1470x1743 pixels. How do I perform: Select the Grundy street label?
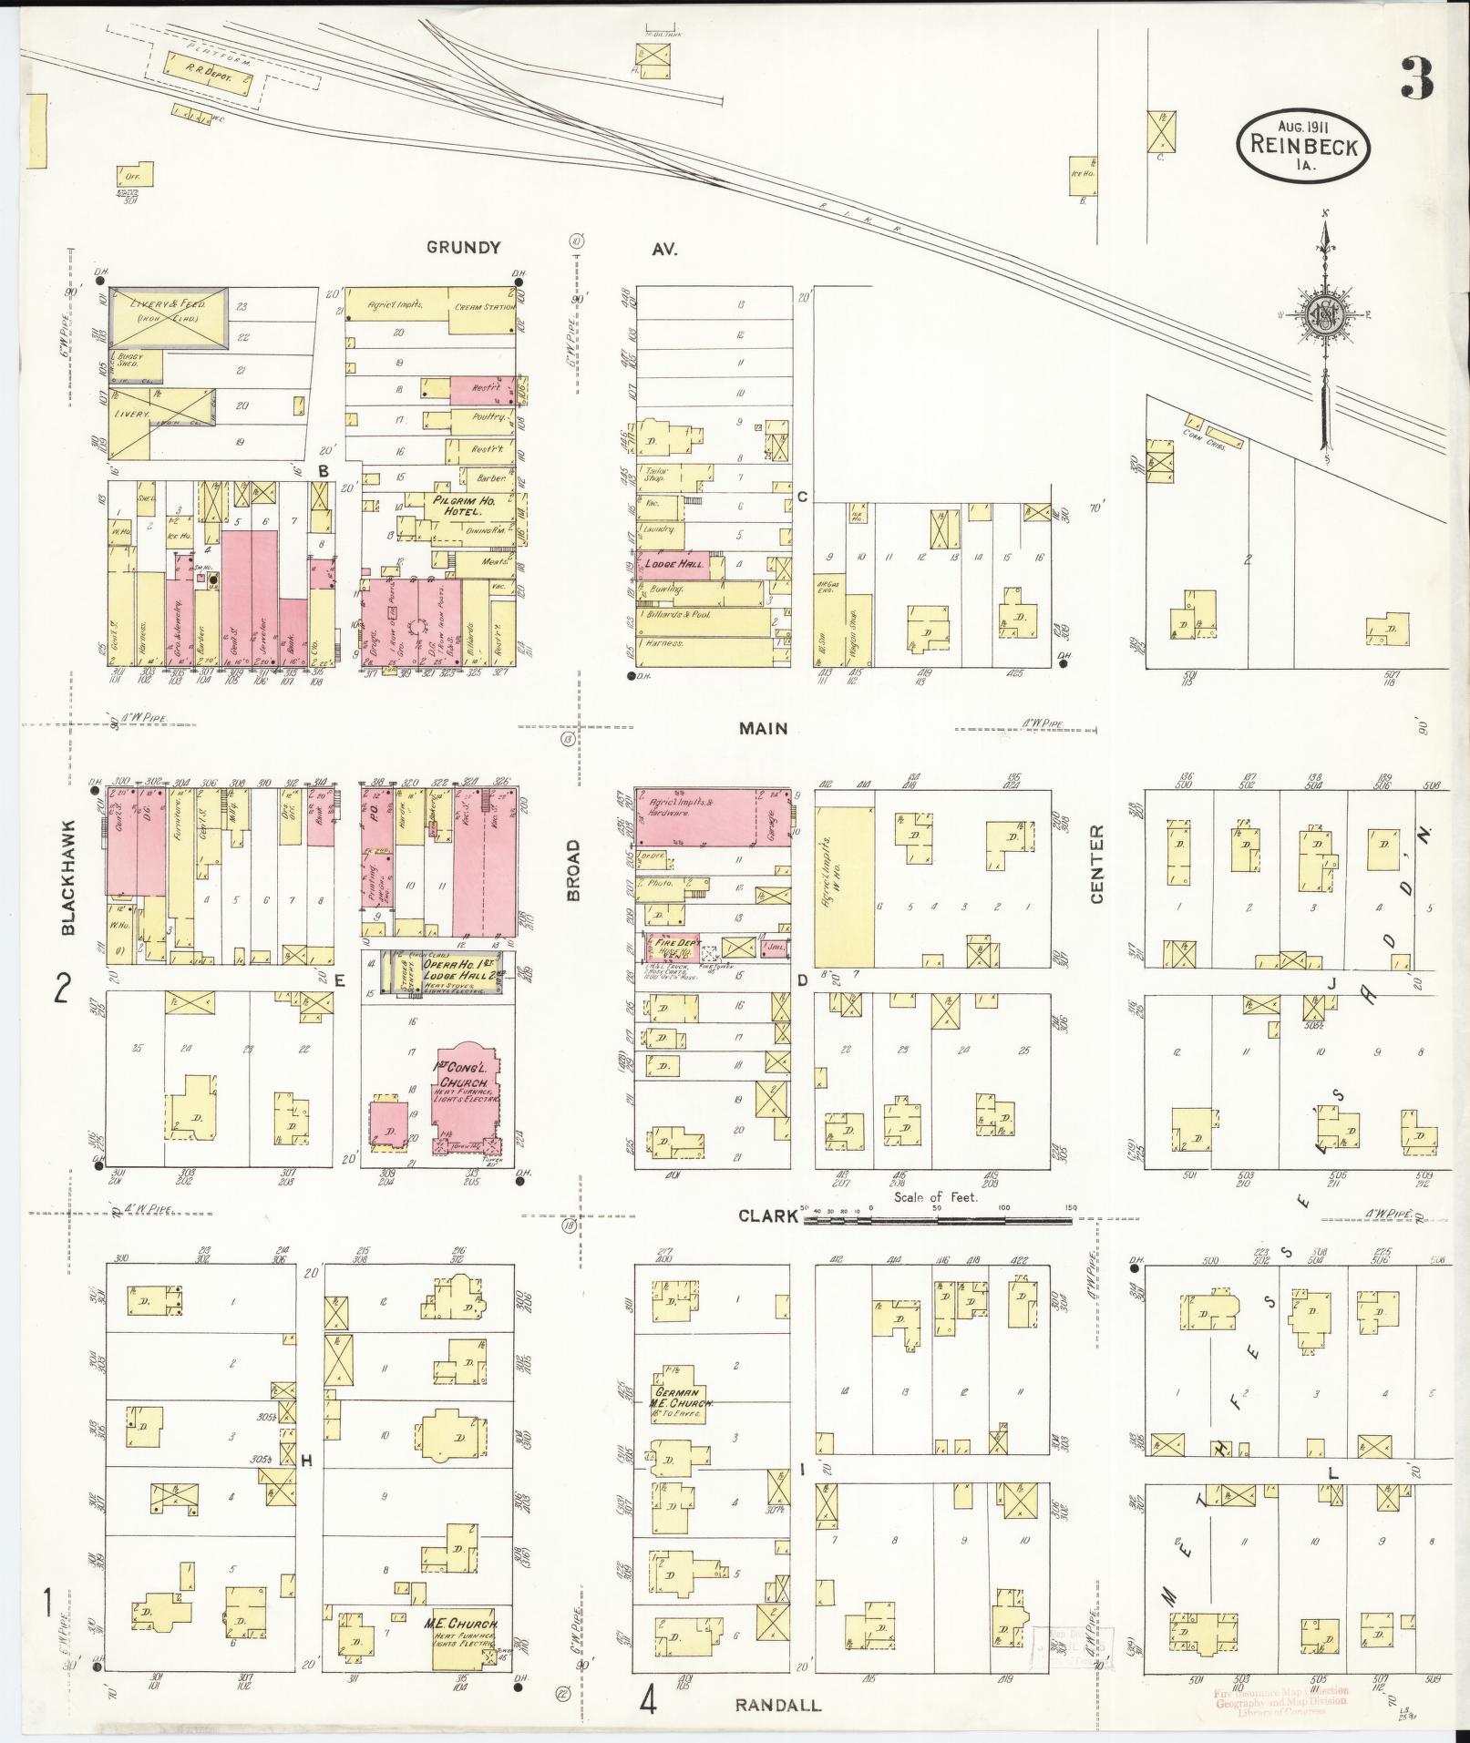point(463,247)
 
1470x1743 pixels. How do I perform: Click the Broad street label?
point(573,871)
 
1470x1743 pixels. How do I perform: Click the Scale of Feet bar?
point(939,1215)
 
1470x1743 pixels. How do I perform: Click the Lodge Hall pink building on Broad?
point(673,565)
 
